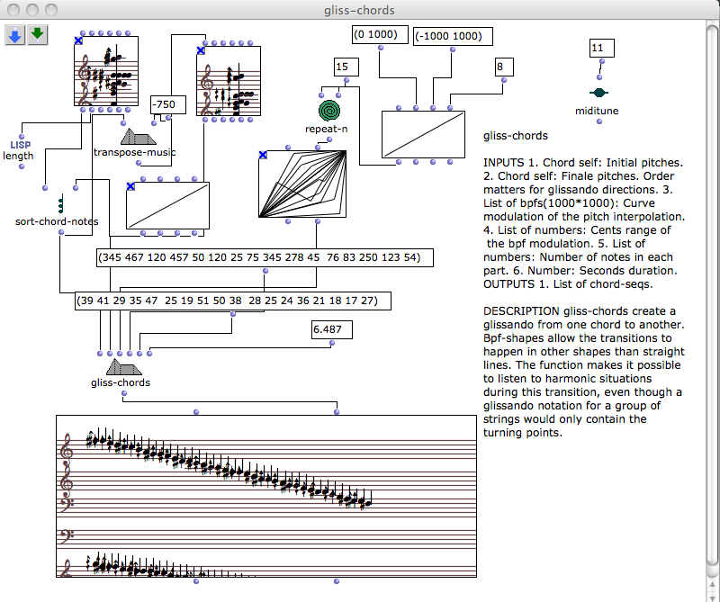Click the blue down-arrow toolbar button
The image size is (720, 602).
[x=15, y=35]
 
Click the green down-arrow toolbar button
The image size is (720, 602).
[x=37, y=35]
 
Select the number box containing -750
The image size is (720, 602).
[x=168, y=104]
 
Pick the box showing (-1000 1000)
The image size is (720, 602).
[x=453, y=36]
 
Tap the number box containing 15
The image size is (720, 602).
[x=346, y=67]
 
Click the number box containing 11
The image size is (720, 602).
[x=602, y=47]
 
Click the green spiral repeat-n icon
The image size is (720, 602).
[x=331, y=110]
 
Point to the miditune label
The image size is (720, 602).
[x=597, y=111]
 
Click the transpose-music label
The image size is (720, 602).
[x=135, y=152]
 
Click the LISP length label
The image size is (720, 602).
[x=19, y=149]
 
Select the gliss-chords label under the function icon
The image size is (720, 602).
[x=121, y=382]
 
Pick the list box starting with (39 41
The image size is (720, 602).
[x=233, y=301]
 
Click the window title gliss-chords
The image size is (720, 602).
[x=359, y=10]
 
